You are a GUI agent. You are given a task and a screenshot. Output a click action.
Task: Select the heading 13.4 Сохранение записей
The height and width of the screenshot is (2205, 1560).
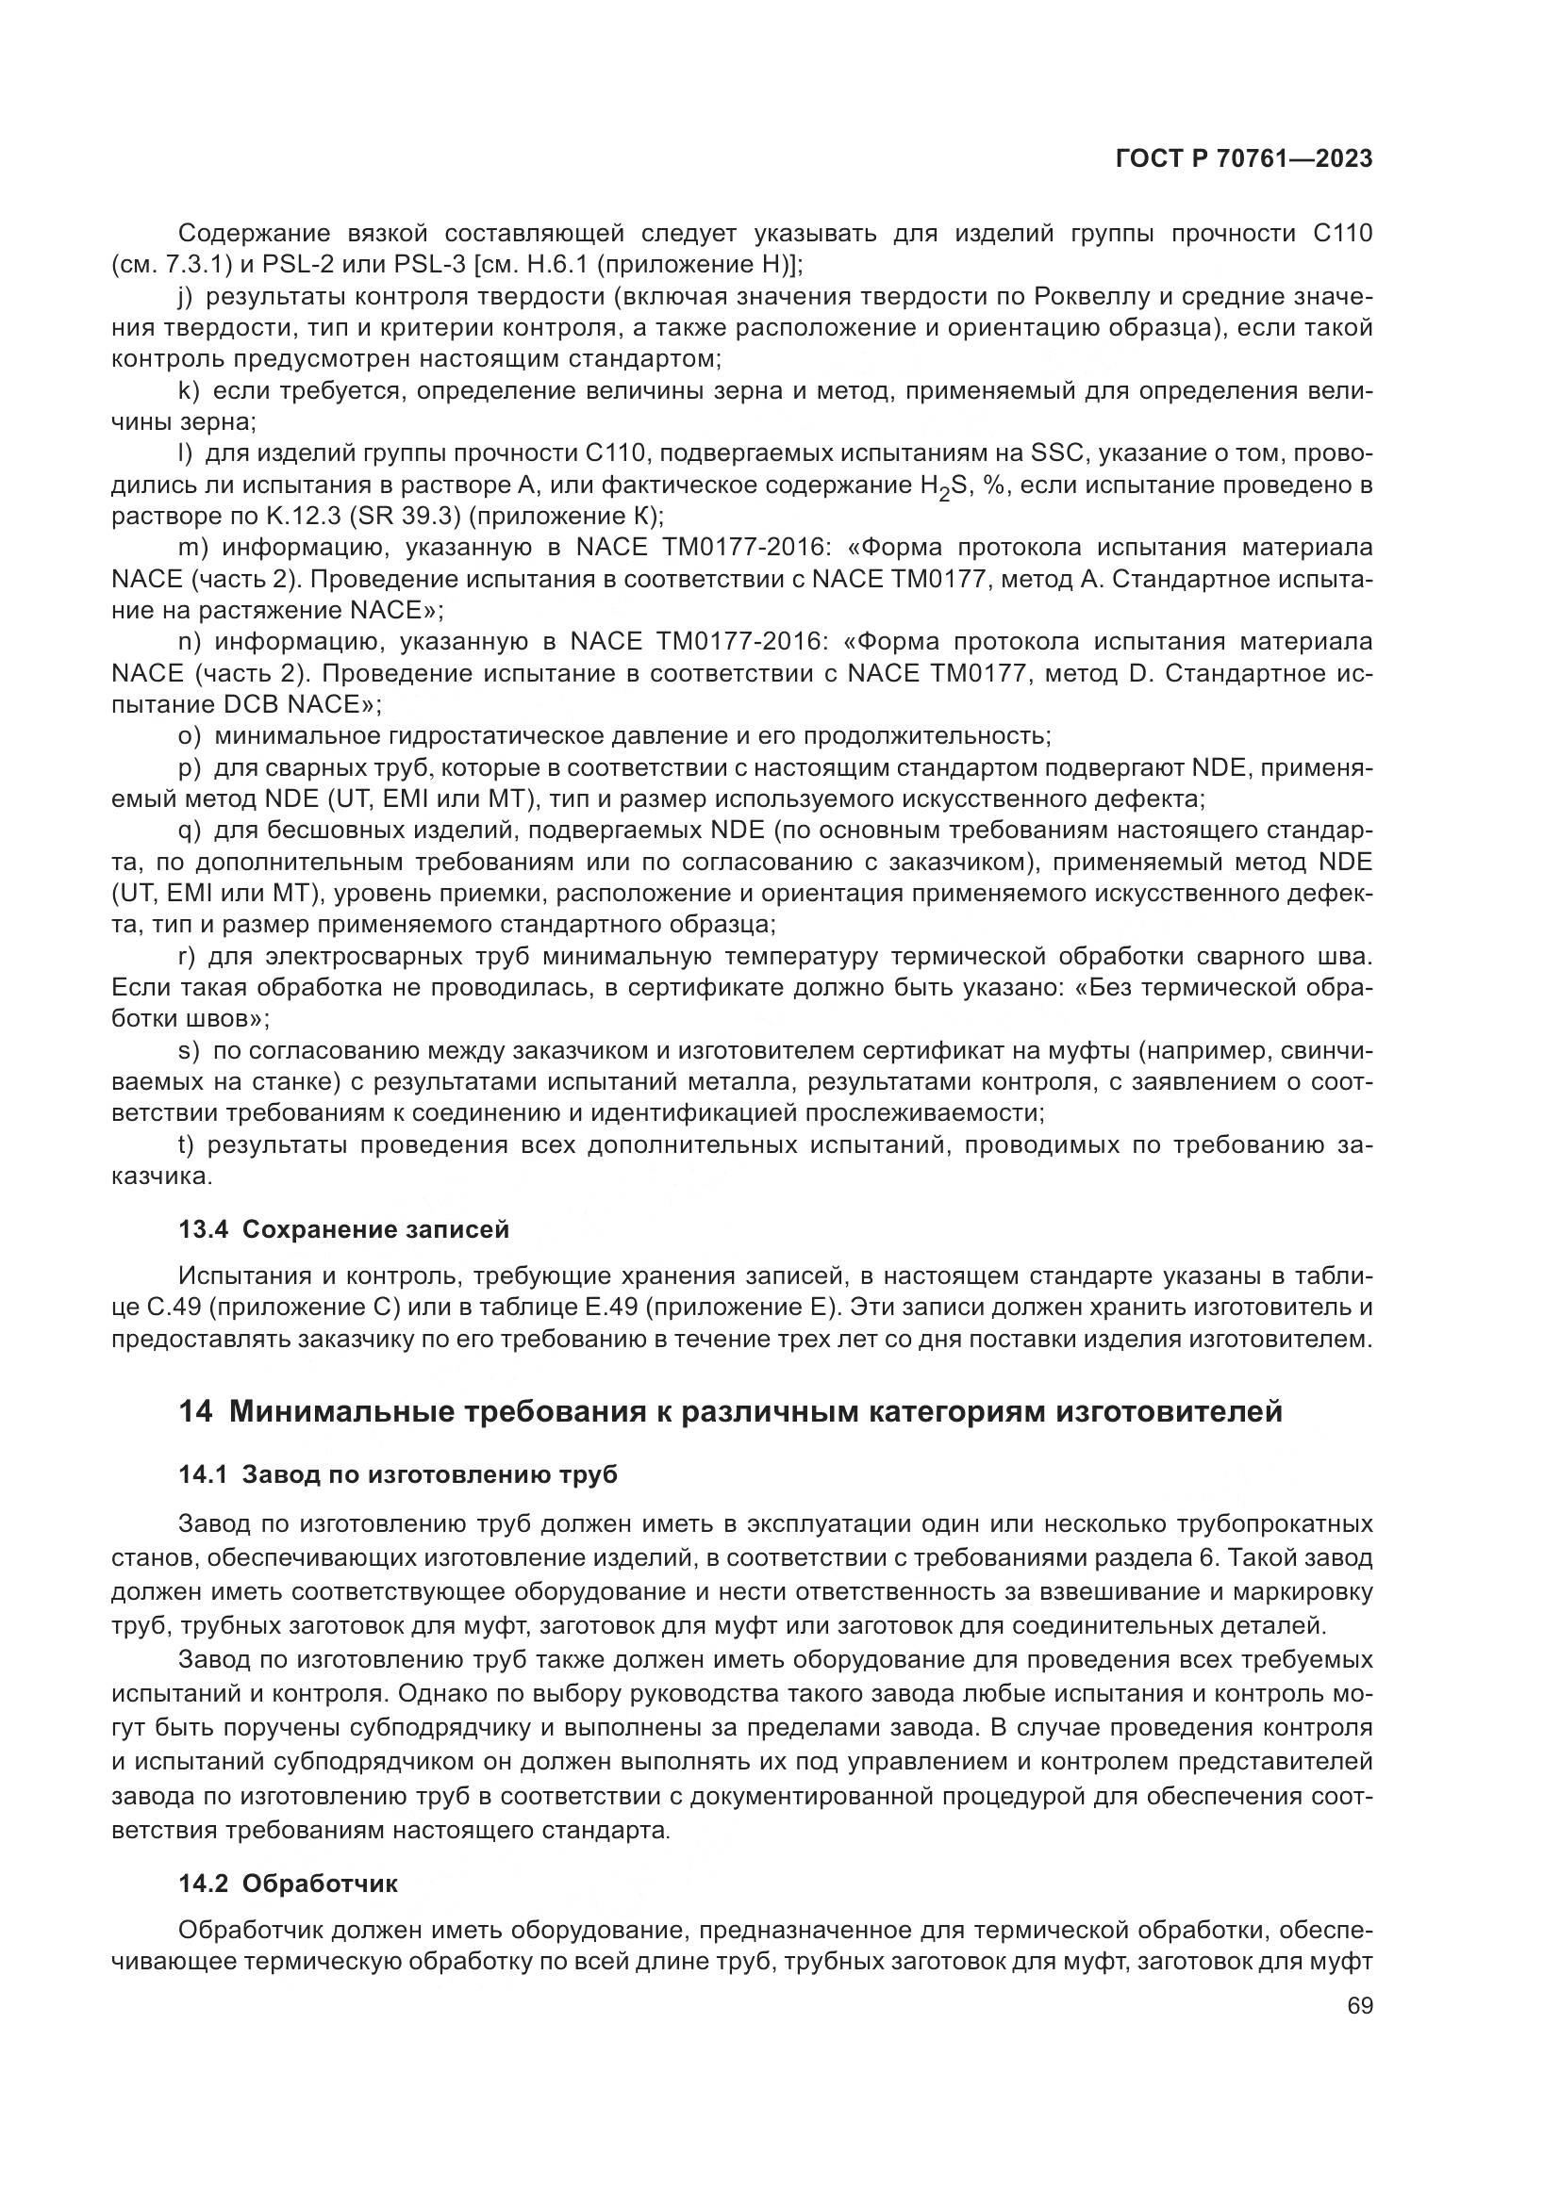(x=343, y=1229)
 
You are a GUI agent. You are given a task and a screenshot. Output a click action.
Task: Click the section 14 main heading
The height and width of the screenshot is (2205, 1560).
(x=730, y=1412)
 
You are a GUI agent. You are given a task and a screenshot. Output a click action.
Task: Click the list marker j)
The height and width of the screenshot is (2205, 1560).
(x=187, y=297)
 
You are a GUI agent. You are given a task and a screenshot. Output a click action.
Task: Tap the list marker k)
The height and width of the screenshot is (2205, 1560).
(x=190, y=391)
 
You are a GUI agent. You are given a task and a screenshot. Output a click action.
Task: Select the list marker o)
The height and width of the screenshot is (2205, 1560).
(x=190, y=736)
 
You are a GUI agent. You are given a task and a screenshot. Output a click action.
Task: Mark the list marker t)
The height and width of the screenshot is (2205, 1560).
(x=188, y=1144)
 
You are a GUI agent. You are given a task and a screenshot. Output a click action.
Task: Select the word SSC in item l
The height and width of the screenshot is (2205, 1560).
(x=1058, y=453)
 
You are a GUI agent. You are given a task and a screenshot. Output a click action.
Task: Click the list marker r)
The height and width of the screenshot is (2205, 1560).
(x=188, y=957)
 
